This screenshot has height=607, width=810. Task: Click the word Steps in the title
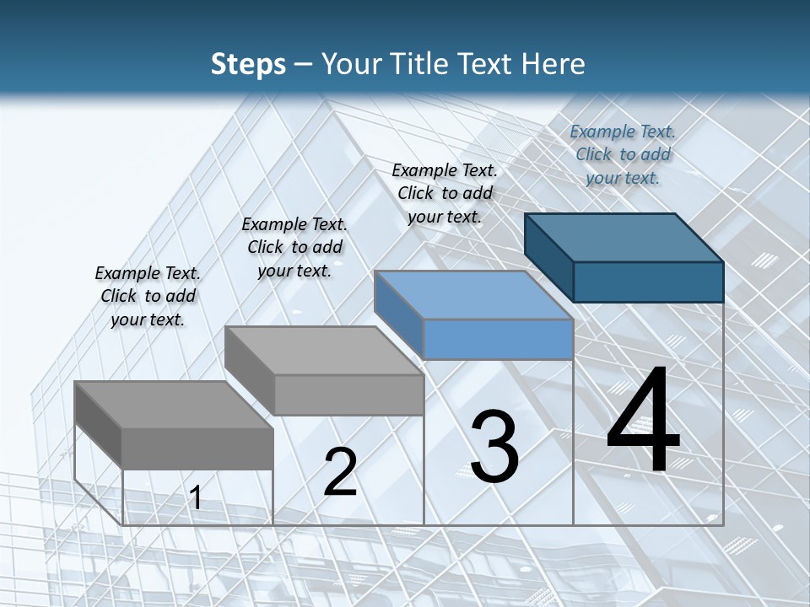247,64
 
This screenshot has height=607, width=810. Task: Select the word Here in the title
554,64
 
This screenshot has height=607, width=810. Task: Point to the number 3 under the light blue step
494,447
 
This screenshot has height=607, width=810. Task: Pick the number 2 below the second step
340,472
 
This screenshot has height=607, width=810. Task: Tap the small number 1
196,498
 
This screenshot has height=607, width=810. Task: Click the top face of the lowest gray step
174,405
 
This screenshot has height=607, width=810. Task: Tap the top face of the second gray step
324,351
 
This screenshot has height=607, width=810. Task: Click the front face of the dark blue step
648,282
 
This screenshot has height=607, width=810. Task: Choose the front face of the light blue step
498,339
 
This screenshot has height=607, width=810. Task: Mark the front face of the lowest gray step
197,448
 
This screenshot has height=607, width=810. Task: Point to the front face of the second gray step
348,395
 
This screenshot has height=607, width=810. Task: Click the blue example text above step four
623,154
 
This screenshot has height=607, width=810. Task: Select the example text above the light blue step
445,193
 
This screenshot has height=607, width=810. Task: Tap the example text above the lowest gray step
148,296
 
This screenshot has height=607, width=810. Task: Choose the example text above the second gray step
294,247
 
